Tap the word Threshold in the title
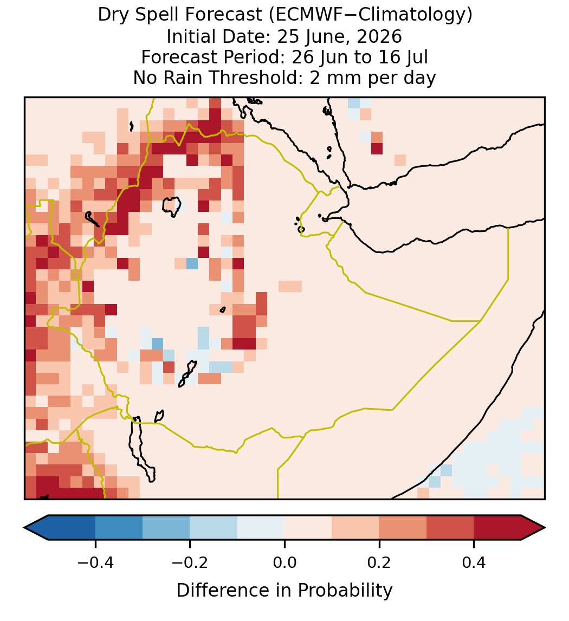[x=256, y=77]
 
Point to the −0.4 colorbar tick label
[x=95, y=562]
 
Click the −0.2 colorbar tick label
[x=190, y=562]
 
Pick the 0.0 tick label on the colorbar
[x=284, y=562]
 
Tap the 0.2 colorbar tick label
[x=379, y=562]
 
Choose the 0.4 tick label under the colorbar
[x=474, y=562]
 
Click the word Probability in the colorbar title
[x=345, y=590]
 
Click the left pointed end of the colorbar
[x=24, y=528]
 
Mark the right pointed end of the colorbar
[x=545, y=528]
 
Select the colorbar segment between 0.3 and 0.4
[x=450, y=528]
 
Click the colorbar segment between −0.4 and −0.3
[x=119, y=528]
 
